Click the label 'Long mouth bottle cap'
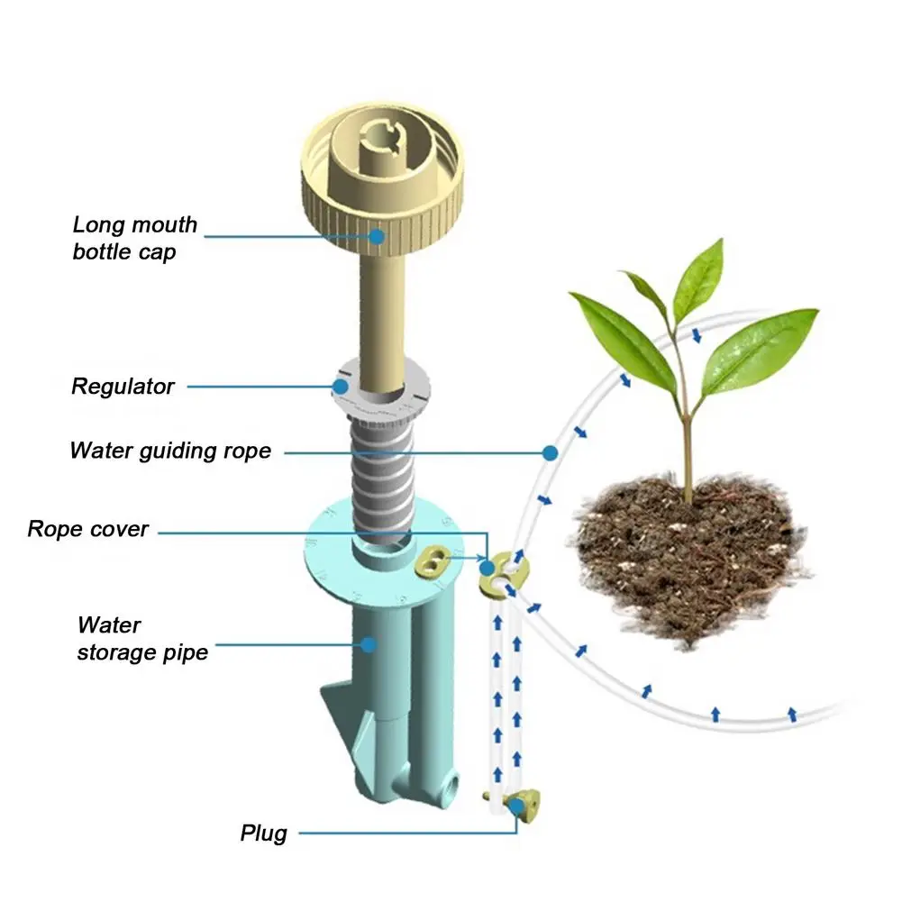[x=134, y=238]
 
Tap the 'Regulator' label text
[x=123, y=387]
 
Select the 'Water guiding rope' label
[x=170, y=450]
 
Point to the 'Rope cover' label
[x=87, y=529]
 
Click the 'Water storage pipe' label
[x=141, y=638]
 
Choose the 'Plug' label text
[x=263, y=833]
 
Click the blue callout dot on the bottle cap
[x=376, y=236]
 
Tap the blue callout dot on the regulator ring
[x=341, y=387]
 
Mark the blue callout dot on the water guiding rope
[x=550, y=450]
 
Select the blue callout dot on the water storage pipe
[x=368, y=643]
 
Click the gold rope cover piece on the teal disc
[x=433, y=564]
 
